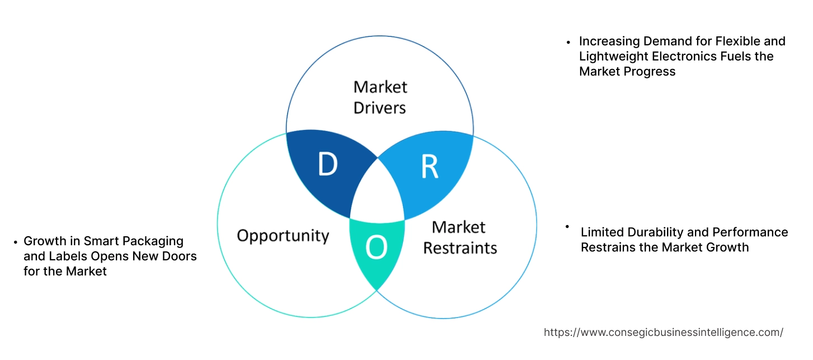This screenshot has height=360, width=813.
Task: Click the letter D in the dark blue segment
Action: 327,165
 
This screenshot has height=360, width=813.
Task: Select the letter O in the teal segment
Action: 376,248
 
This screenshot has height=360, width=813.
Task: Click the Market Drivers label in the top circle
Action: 380,97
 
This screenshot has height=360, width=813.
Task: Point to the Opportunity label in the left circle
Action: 283,235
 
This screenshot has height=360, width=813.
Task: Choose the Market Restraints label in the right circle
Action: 459,237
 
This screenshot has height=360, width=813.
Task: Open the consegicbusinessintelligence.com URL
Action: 663,332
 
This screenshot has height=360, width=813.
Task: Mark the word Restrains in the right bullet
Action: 608,247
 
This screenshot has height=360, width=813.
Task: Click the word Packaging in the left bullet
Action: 155,241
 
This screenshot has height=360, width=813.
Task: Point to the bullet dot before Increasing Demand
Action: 568,41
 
